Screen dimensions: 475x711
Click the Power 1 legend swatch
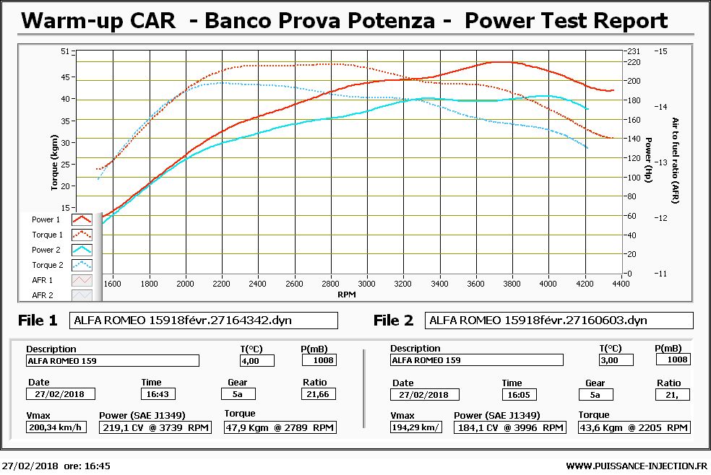click(x=82, y=219)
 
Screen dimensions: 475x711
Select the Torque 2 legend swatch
click(x=82, y=265)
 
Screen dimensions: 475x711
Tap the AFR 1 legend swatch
click(x=82, y=280)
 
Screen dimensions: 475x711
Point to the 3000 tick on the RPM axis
click(x=366, y=284)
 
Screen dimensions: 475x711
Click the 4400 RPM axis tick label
click(x=621, y=284)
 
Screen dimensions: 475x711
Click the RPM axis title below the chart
click(x=347, y=295)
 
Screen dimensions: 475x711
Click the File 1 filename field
click(x=203, y=321)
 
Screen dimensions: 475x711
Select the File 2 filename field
click(x=559, y=321)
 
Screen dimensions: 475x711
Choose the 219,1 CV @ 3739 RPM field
click(x=156, y=427)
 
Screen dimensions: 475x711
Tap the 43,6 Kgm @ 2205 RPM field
click(x=634, y=427)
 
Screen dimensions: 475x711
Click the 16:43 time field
click(x=157, y=394)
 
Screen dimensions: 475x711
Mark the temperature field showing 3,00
click(x=616, y=359)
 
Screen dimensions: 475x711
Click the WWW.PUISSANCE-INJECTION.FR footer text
click(x=637, y=466)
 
